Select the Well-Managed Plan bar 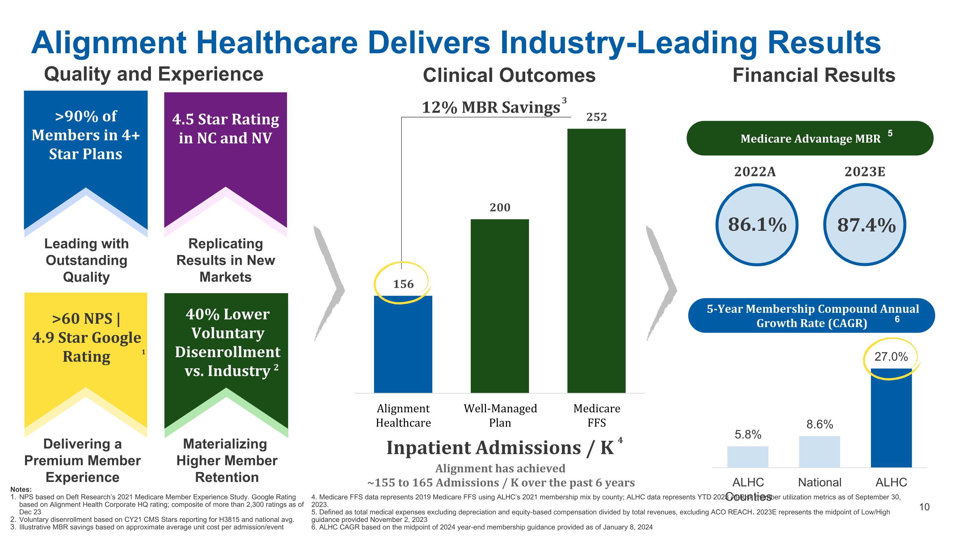tap(499, 306)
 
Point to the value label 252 tap(596, 117)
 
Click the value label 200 tap(500, 208)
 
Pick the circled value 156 tap(403, 284)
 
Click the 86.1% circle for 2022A tap(757, 225)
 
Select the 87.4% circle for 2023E tap(865, 225)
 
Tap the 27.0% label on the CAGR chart tap(891, 357)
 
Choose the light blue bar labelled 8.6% tap(819, 452)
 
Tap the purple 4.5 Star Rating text tap(225, 129)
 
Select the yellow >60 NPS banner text tap(86, 337)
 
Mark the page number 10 tap(924, 507)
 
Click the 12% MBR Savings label tap(491, 108)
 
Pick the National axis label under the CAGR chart tap(819, 482)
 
